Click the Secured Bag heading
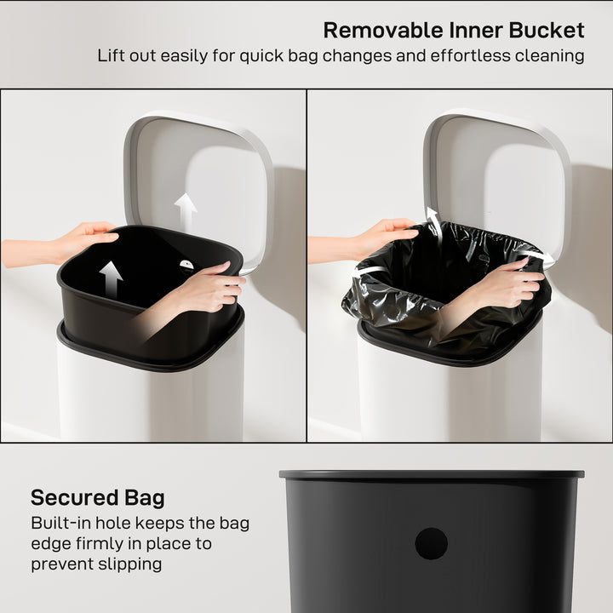click(x=98, y=497)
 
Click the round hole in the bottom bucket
click(x=431, y=543)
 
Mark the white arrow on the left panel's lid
click(x=186, y=210)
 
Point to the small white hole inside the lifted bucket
click(x=186, y=265)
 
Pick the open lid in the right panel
click(x=498, y=170)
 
